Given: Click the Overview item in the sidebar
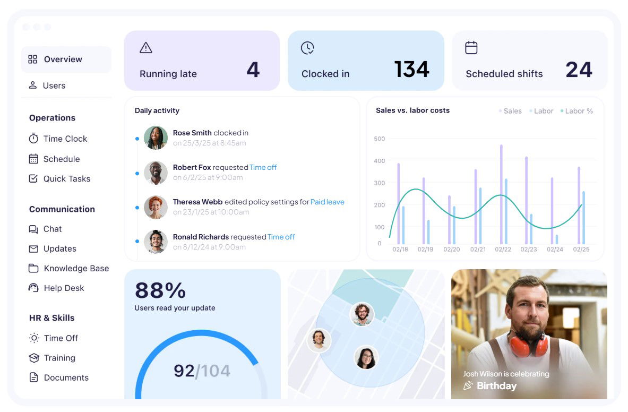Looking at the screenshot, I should click(63, 59).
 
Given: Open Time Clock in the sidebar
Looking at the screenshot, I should click(65, 139).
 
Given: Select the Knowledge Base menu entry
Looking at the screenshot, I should click(76, 268).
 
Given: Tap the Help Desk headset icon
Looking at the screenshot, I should click(33, 288).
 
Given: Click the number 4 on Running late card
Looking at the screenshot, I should click(253, 70).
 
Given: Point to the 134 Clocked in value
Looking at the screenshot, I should click(411, 70).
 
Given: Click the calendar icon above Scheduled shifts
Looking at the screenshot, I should click(471, 48).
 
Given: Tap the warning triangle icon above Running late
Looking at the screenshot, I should click(146, 48).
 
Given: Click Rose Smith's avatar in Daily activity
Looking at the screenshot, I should click(156, 138).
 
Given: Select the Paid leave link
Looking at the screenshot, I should click(327, 202).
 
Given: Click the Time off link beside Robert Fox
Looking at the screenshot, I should click(263, 167).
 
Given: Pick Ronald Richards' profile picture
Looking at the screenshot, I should click(156, 242).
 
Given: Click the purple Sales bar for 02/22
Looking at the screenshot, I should click(501, 194).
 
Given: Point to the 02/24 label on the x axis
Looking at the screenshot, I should click(555, 249).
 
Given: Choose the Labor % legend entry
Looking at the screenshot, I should click(579, 111).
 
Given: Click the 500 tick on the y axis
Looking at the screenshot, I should click(380, 139).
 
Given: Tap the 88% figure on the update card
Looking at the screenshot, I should click(160, 290).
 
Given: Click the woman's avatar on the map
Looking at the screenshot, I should click(366, 357).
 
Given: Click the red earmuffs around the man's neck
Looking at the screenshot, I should click(528, 345).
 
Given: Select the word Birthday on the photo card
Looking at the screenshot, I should click(496, 386).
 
